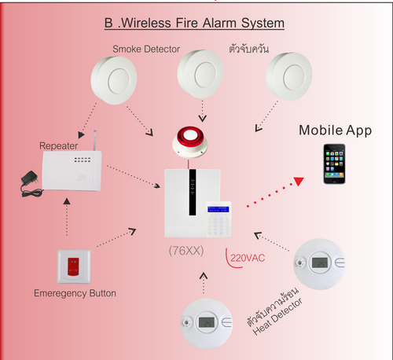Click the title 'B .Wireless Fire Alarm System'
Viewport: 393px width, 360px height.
click(194, 23)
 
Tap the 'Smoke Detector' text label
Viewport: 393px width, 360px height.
click(146, 49)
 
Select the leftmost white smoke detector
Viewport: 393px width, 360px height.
click(114, 80)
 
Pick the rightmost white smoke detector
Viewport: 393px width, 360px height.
click(289, 76)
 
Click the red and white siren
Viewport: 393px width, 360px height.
click(190, 142)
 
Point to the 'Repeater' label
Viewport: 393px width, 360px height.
click(58, 145)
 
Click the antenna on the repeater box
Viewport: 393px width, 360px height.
click(94, 141)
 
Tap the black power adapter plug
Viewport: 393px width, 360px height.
click(31, 184)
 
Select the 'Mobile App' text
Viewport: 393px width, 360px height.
click(336, 130)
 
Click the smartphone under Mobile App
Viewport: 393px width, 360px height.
click(334, 164)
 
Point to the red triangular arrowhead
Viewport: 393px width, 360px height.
click(299, 181)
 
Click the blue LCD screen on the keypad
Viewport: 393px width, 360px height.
click(219, 209)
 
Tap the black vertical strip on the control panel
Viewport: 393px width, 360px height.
click(193, 193)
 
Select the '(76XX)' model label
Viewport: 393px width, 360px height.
click(186, 251)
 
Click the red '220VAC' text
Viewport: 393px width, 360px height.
click(248, 258)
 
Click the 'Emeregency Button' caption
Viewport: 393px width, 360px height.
click(75, 293)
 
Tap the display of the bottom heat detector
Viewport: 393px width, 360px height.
click(207, 322)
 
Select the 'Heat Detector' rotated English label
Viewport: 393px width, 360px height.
click(277, 316)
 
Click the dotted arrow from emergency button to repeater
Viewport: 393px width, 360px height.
click(67, 217)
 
